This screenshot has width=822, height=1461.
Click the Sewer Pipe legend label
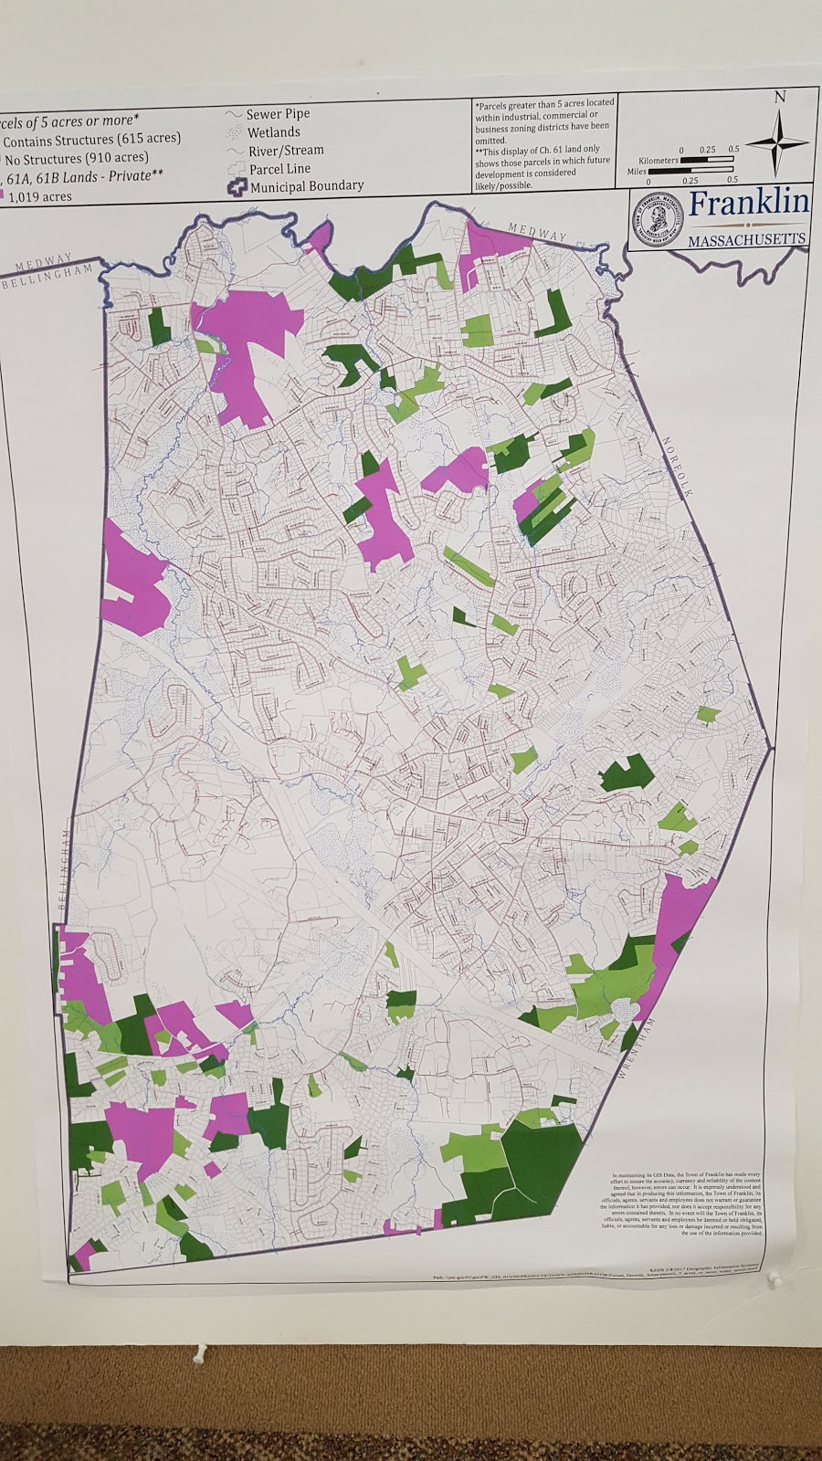(x=278, y=114)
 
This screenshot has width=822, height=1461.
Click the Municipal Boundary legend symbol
(x=237, y=185)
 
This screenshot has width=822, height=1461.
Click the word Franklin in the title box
(x=748, y=204)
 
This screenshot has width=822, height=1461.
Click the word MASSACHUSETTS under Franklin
(x=747, y=239)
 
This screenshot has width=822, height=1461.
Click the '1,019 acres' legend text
(x=40, y=195)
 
